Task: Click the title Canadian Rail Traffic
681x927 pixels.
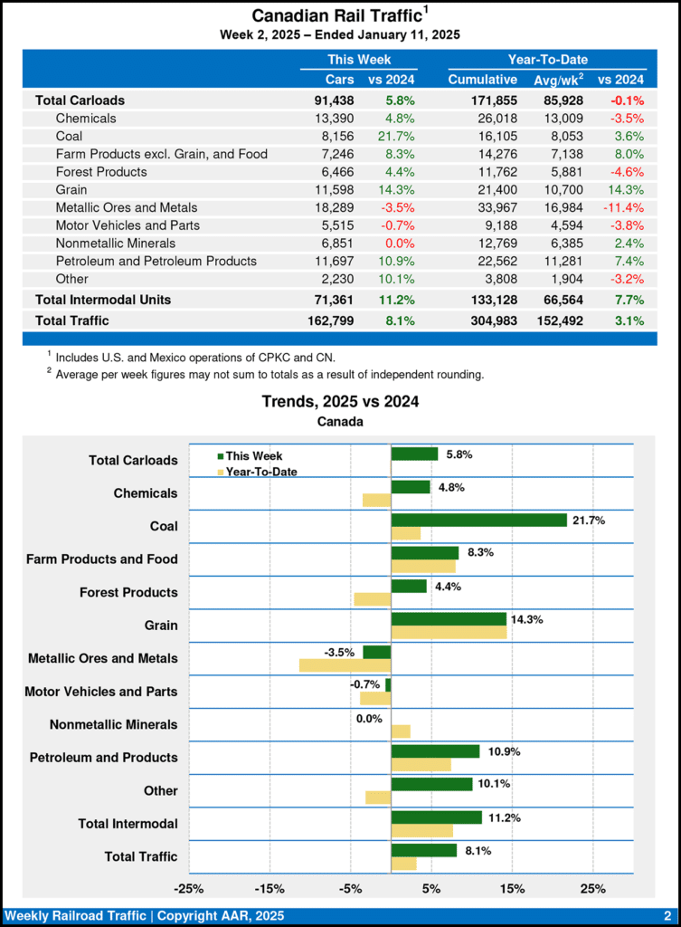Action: pyautogui.click(x=336, y=15)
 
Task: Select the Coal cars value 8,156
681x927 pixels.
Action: pyautogui.click(x=336, y=136)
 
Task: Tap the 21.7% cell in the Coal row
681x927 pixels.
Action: pyautogui.click(x=395, y=136)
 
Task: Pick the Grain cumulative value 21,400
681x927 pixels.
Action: pyautogui.click(x=495, y=189)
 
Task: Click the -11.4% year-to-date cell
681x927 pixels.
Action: pyautogui.click(x=622, y=207)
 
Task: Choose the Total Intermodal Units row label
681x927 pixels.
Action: pyautogui.click(x=102, y=299)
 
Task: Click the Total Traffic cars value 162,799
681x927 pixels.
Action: pyautogui.click(x=330, y=320)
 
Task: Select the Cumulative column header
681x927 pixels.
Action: pyautogui.click(x=483, y=80)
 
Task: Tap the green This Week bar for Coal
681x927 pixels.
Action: pyautogui.click(x=478, y=520)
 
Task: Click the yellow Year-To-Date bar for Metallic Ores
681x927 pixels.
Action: pyautogui.click(x=345, y=665)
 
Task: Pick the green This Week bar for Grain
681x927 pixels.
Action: pyautogui.click(x=449, y=618)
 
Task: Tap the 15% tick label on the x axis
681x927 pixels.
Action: pyautogui.click(x=512, y=887)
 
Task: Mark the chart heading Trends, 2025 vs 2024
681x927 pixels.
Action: pyautogui.click(x=340, y=401)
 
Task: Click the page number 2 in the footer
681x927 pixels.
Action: pyautogui.click(x=667, y=915)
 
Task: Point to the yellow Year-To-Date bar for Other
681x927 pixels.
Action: pyautogui.click(x=378, y=798)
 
